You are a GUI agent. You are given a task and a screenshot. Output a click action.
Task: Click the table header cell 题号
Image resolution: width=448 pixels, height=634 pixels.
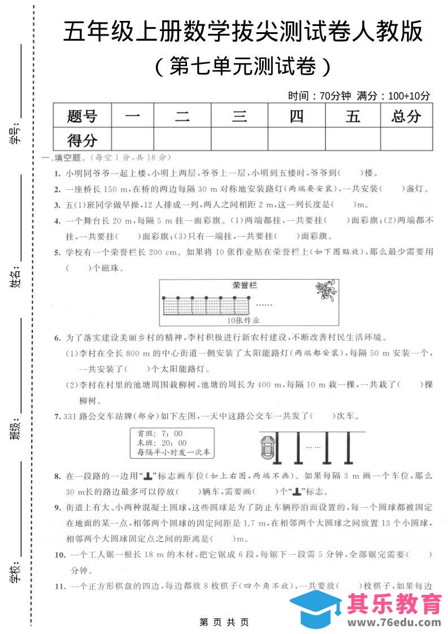tap(82, 116)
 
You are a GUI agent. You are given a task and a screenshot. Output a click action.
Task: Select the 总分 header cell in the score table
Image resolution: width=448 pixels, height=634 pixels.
tap(406, 116)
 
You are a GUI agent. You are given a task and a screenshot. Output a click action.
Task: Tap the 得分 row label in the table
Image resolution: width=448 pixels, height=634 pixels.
tap(82, 140)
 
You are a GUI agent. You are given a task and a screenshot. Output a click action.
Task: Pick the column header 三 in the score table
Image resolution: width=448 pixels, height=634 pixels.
tap(240, 116)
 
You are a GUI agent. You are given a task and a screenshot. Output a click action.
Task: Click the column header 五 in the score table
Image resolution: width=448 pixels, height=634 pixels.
tap(353, 116)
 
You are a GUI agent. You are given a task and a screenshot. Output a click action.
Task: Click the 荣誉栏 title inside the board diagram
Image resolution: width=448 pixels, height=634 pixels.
tap(244, 285)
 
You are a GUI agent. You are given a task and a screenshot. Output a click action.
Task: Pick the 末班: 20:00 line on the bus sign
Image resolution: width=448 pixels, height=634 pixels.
tap(162, 442)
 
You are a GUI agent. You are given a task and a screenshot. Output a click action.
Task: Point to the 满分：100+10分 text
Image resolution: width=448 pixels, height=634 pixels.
tap(398, 96)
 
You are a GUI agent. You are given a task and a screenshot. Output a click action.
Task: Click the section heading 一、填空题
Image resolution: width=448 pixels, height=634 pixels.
tap(65, 157)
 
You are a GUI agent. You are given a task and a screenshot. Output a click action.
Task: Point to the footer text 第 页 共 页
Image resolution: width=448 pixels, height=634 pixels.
tap(224, 623)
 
